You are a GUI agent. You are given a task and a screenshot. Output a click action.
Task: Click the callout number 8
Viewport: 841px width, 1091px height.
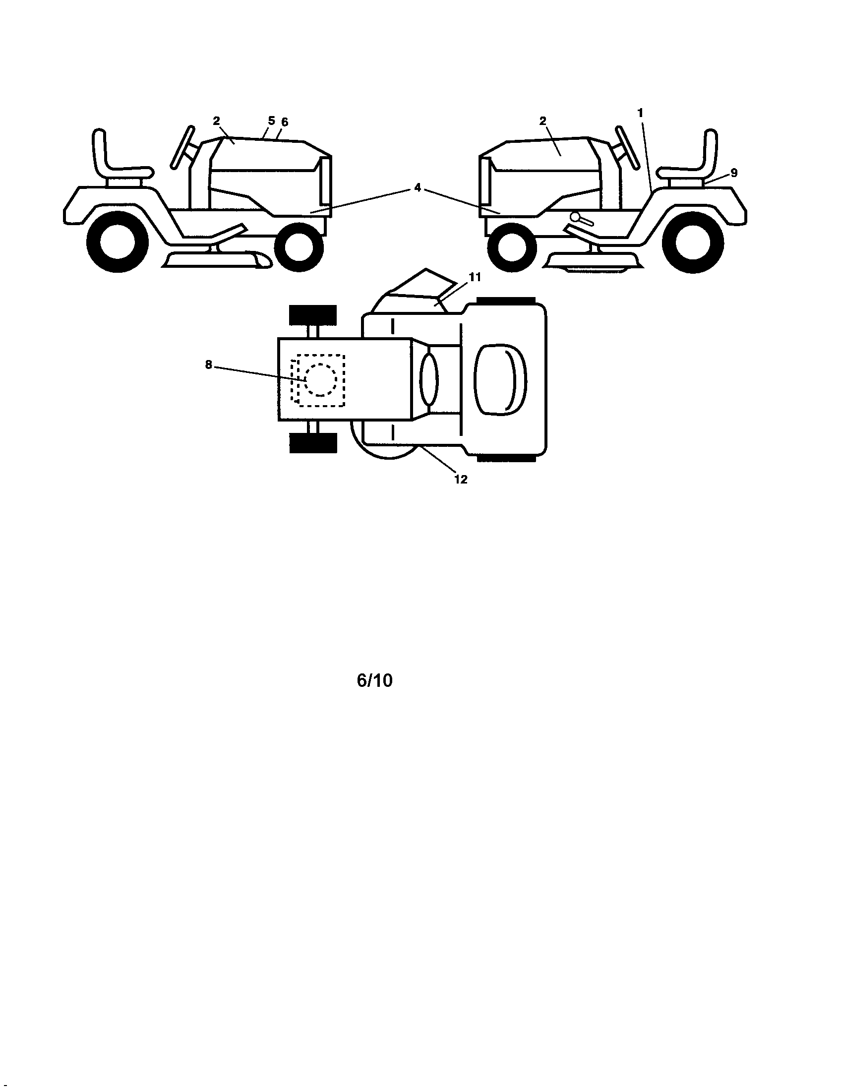[x=209, y=365]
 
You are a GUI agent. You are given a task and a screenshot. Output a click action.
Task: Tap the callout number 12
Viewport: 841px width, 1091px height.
[x=461, y=480]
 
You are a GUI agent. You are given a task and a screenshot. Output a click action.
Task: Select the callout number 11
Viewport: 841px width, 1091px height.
[x=475, y=278]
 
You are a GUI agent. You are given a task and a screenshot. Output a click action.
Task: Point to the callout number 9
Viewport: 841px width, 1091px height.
[x=733, y=173]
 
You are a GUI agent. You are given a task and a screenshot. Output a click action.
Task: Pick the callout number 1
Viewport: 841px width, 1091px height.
[x=640, y=113]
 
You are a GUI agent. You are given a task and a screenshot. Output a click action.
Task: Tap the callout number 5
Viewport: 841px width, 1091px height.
[x=271, y=121]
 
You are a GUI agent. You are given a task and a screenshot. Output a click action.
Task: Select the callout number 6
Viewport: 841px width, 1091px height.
[x=285, y=122]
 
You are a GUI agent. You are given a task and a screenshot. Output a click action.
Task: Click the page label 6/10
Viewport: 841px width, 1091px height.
[x=374, y=681]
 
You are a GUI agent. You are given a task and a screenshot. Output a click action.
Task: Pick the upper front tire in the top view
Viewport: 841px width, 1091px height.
[x=313, y=315]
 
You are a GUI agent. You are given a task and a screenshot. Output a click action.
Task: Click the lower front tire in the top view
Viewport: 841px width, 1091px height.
[x=313, y=443]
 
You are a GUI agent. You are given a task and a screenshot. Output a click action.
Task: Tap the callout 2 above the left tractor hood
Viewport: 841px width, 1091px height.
[x=216, y=121]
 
